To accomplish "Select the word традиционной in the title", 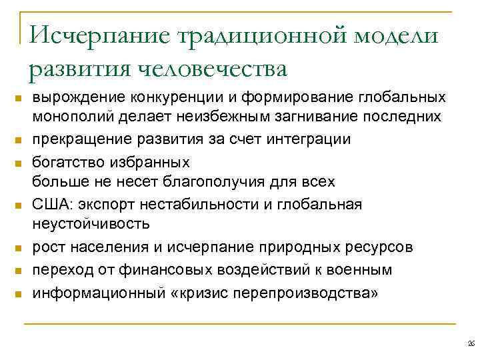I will pyautogui.click(x=247, y=34).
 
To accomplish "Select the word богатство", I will pyautogui.click(x=67, y=161).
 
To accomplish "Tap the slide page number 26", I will pyautogui.click(x=470, y=343).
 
